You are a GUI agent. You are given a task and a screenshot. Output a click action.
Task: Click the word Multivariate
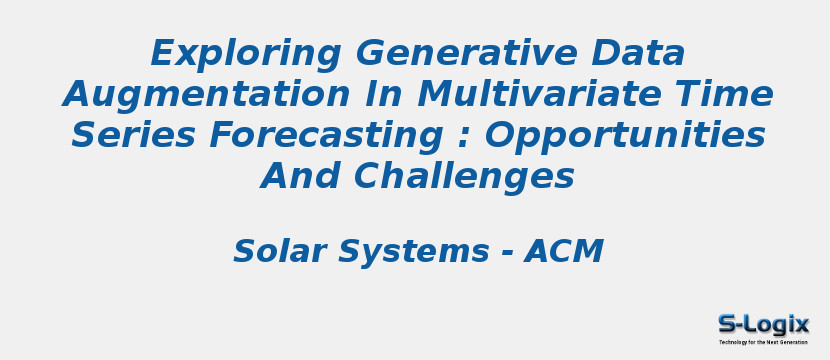coord(550,94)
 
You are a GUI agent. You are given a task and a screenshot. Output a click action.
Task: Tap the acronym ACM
coord(564,251)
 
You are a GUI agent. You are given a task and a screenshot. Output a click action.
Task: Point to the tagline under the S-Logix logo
coord(763,342)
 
